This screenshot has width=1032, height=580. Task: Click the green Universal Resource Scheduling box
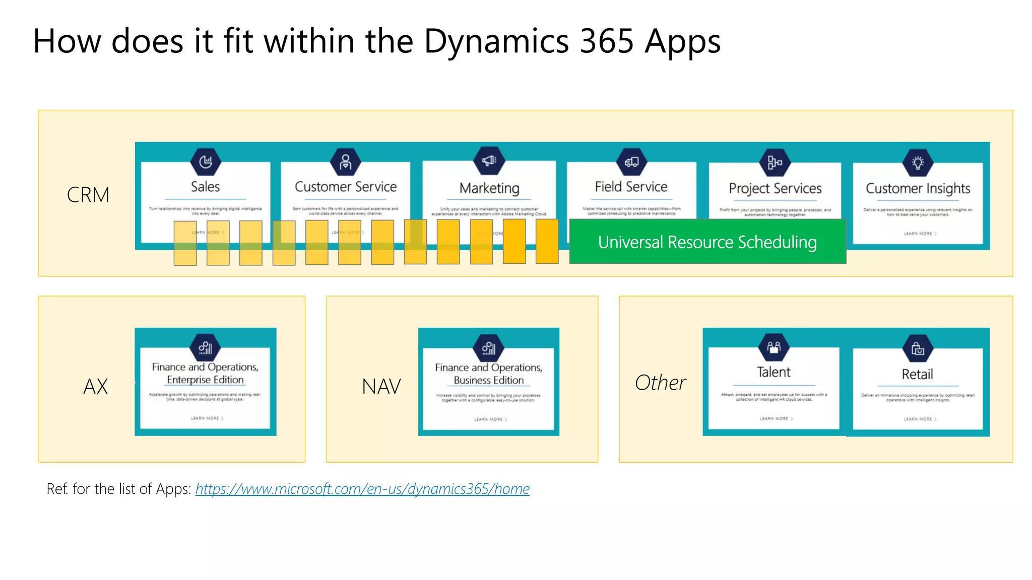point(707,242)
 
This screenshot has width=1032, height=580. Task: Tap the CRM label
point(88,195)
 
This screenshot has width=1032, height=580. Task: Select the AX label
point(96,387)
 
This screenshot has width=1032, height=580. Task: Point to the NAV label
point(381,387)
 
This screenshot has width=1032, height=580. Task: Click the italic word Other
point(660,383)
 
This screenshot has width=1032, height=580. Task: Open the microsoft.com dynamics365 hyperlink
point(362,489)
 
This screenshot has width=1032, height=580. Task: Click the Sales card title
point(205,187)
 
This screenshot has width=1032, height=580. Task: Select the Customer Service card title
point(346,187)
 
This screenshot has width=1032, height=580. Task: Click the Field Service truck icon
point(631,162)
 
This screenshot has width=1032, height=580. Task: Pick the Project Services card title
point(775,188)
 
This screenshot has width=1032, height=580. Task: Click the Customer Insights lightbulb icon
point(918,163)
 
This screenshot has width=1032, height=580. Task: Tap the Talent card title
point(773,372)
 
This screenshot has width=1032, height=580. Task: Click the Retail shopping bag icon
point(918,348)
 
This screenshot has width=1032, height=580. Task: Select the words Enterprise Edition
point(205,380)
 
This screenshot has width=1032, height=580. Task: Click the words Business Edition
point(488,380)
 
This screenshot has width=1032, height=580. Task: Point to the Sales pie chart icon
point(206,162)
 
